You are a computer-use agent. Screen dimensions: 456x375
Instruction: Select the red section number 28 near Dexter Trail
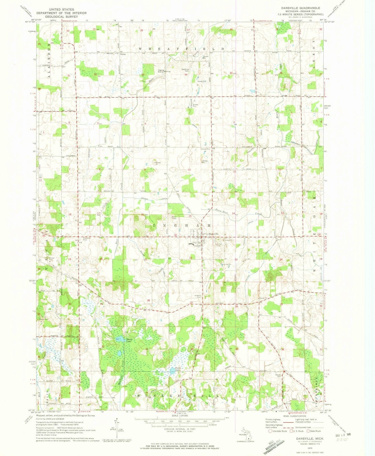(x=148, y=300)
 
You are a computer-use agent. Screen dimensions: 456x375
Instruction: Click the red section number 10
(x=189, y=170)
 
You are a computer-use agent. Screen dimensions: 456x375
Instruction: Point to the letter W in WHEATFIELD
(x=140, y=49)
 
